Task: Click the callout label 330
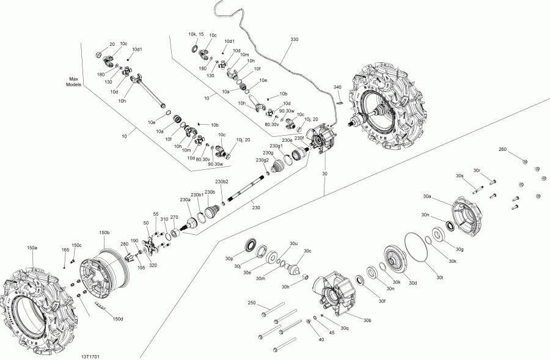click(295, 39)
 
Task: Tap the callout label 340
click(337, 87)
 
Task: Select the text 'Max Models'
click(74, 82)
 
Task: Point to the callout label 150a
click(31, 248)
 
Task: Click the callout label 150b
click(104, 233)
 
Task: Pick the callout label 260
click(502, 150)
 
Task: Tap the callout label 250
click(251, 303)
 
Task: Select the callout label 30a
click(427, 197)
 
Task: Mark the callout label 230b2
click(222, 182)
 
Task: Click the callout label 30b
click(367, 320)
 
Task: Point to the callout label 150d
click(118, 319)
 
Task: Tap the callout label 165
click(65, 250)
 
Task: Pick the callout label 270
click(174, 217)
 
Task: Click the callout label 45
click(332, 333)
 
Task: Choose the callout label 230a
click(185, 200)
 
